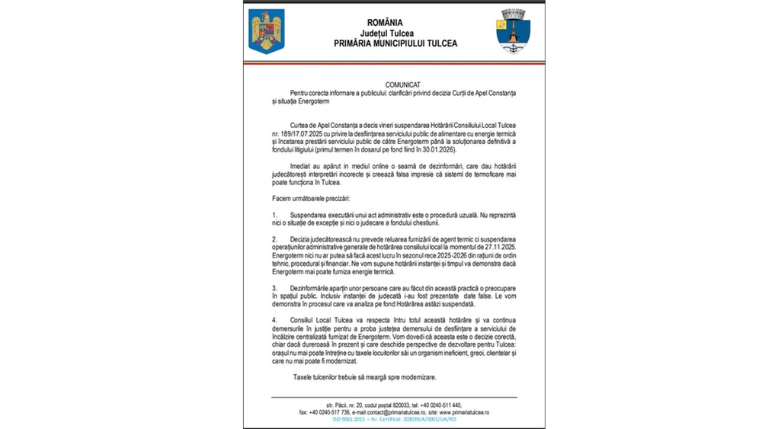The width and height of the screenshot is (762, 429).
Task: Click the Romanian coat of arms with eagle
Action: [266, 30]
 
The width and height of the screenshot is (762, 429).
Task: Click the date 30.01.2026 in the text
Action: [445, 150]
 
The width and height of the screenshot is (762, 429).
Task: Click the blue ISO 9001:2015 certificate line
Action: [393, 419]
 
